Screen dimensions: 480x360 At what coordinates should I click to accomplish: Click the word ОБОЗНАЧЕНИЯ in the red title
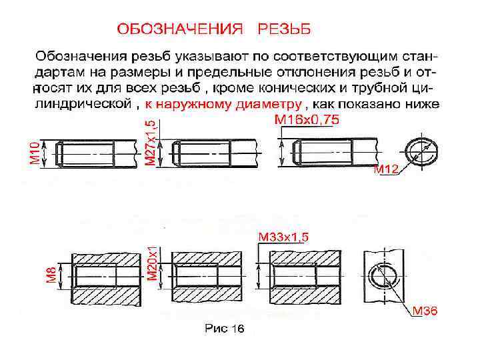[179, 29]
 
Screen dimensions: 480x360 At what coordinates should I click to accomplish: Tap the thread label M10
[33, 153]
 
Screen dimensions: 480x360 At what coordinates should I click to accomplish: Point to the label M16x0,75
[307, 120]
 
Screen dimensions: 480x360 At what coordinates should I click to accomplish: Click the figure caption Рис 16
[225, 328]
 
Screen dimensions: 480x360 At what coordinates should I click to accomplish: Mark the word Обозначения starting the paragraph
[78, 53]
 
